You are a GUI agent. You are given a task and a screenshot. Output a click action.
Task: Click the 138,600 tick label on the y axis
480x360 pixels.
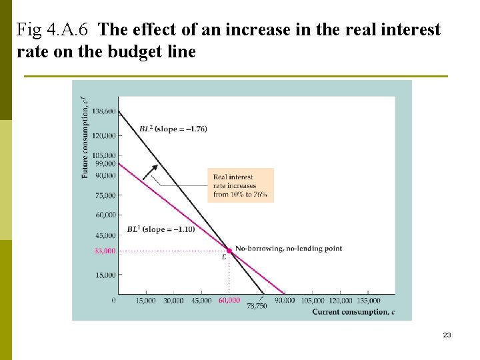coord(103,111)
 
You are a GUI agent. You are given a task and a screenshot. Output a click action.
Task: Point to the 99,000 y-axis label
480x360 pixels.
coord(105,163)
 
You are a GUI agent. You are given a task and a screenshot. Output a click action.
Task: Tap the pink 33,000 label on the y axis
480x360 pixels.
coord(104,251)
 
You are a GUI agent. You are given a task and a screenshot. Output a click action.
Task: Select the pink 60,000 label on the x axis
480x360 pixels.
coord(229,301)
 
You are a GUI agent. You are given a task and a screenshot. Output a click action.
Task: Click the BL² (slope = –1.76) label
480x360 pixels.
coord(173,129)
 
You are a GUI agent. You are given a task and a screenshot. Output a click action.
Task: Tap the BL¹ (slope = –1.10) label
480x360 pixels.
coord(160,229)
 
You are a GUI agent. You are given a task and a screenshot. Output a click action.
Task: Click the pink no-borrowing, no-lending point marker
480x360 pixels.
coord(229,251)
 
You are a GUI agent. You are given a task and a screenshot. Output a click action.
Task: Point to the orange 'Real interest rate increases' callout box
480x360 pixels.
coord(240,184)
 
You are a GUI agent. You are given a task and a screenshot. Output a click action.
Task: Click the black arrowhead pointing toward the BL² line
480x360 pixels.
coord(155,169)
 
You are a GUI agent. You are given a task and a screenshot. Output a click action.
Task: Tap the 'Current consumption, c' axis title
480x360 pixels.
coord(349,311)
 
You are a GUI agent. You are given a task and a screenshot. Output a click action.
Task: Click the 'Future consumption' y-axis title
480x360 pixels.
coord(85,137)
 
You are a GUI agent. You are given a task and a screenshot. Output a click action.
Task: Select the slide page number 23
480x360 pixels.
coord(447,335)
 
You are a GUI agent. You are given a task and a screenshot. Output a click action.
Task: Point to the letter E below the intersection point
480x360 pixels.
coord(224,257)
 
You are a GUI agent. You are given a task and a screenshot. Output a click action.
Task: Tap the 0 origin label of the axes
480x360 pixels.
coord(113,301)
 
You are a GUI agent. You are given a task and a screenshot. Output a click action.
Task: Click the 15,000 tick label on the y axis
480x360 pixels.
coord(105,275)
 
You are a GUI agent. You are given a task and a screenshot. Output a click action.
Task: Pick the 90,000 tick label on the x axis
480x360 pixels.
coord(285,301)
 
